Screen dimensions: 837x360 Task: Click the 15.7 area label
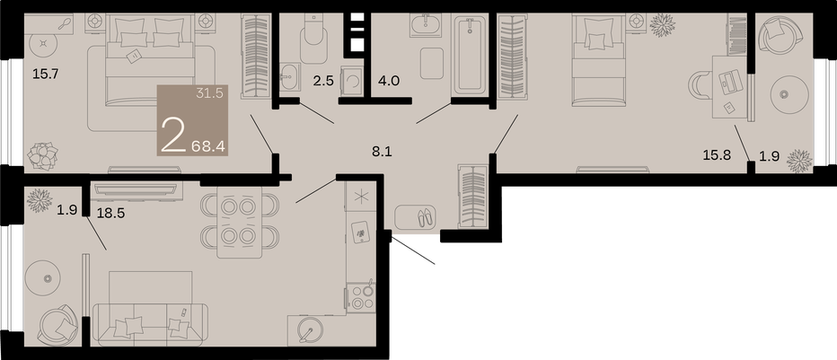pos(45,75)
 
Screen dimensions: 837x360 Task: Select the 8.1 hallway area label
pos(382,152)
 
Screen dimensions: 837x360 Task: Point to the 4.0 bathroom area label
pos(389,81)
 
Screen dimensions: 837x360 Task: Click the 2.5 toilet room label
pos(324,81)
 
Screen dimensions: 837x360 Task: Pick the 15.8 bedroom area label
pos(718,155)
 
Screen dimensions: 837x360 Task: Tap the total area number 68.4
pos(207,145)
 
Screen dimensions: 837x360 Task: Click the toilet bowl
pos(313,39)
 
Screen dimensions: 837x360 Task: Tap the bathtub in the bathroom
pos(471,55)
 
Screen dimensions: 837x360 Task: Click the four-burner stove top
pos(361,297)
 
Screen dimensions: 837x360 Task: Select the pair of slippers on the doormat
pos(426,217)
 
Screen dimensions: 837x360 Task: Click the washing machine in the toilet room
pos(352,81)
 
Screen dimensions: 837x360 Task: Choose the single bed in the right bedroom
pos(598,58)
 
